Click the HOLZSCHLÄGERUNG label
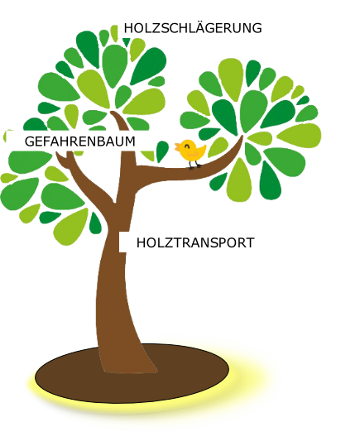tap(193, 28)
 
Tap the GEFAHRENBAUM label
tap(80, 141)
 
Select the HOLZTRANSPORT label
tap(195, 242)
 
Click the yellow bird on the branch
tap(190, 153)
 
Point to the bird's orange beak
tap(177, 146)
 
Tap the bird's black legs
tap(194, 165)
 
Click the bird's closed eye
tap(187, 146)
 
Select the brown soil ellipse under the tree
tap(132, 373)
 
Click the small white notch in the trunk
tap(123, 242)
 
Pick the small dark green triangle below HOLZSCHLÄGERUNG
tap(126, 42)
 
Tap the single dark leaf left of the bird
tap(162, 151)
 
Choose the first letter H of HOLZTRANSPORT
tap(141, 243)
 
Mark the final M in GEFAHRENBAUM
tap(131, 141)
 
